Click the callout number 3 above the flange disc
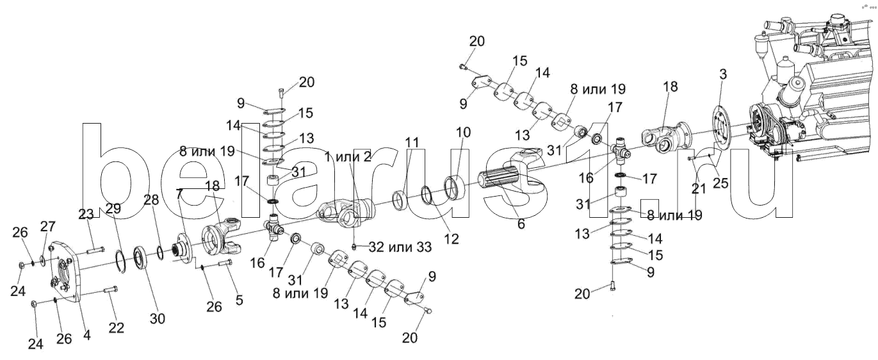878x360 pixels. click(723, 74)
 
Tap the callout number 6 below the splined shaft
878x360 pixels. click(521, 224)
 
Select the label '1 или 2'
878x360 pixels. click(348, 157)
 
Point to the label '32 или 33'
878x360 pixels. click(400, 247)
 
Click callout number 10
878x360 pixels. click(463, 132)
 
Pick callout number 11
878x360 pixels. click(412, 142)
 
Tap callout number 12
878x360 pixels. click(451, 238)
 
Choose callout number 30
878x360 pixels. click(158, 319)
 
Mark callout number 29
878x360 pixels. click(113, 209)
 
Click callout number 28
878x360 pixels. click(151, 200)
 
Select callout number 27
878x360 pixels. click(48, 226)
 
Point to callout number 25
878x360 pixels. click(720, 183)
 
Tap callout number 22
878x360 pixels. click(117, 328)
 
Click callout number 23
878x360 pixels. click(86, 214)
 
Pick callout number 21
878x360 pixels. click(699, 189)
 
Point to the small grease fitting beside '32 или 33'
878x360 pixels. click(354, 247)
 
